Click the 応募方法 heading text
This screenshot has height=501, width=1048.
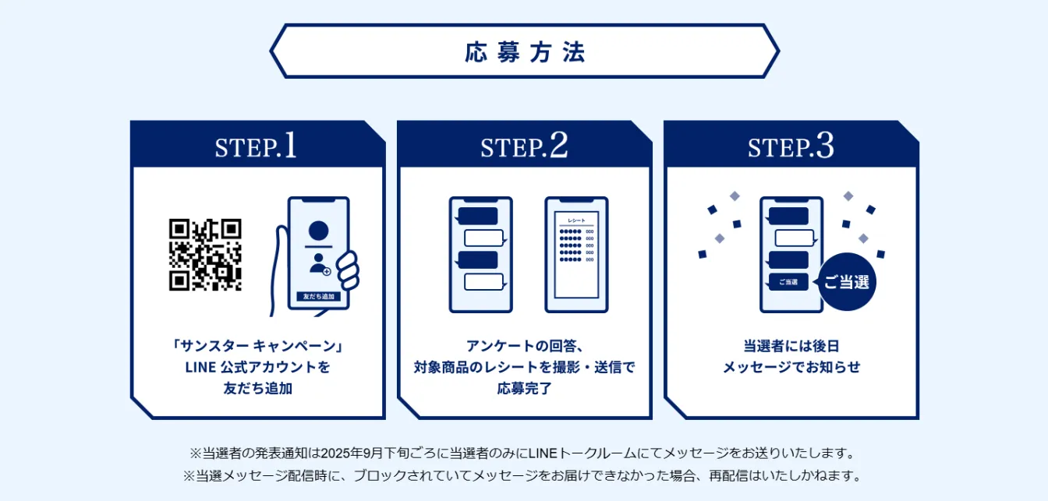point(524,52)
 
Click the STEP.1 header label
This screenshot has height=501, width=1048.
point(256,146)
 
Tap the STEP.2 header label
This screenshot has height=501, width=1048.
point(523,146)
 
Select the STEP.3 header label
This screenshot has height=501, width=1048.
point(790,146)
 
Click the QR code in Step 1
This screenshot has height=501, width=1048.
point(205,255)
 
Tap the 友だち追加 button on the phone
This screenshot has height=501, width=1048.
point(318,297)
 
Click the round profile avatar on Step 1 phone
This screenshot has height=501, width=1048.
point(318,231)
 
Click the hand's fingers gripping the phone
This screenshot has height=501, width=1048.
point(349,269)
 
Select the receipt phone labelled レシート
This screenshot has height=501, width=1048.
point(576,255)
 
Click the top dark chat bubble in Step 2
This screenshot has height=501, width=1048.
point(477,216)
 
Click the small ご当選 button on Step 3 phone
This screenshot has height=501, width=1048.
point(788,282)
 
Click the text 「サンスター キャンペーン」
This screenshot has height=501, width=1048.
point(258,346)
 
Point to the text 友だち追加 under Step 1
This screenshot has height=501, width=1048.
point(258,387)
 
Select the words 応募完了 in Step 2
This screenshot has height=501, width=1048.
point(524,387)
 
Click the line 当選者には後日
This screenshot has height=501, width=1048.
point(791,346)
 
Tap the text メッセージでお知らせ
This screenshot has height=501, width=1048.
point(791,367)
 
